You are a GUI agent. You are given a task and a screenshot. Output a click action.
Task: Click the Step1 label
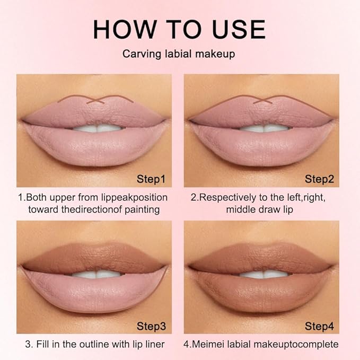[x=151, y=179]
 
